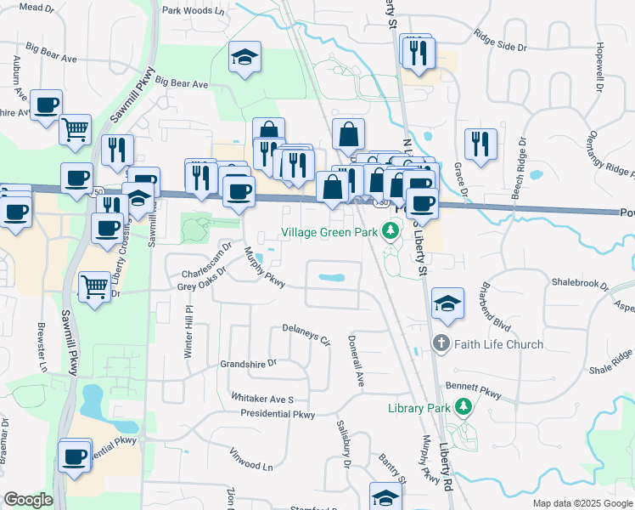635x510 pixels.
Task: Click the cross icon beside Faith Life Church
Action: coord(440,344)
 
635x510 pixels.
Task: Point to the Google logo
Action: coord(28,500)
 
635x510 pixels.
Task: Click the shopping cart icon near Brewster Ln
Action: coord(94,286)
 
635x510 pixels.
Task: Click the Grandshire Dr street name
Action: coord(249,363)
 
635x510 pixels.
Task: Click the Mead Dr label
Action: coord(36,7)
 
